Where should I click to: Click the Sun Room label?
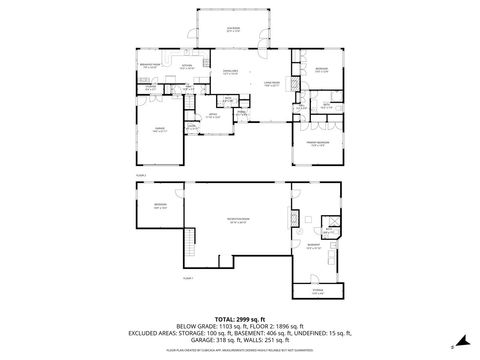point(232,30)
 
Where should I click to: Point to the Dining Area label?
point(229,72)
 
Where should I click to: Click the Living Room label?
point(269,84)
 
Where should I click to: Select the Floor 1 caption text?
point(187,277)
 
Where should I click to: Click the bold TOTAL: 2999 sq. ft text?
point(239,317)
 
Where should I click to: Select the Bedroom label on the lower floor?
point(160,207)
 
